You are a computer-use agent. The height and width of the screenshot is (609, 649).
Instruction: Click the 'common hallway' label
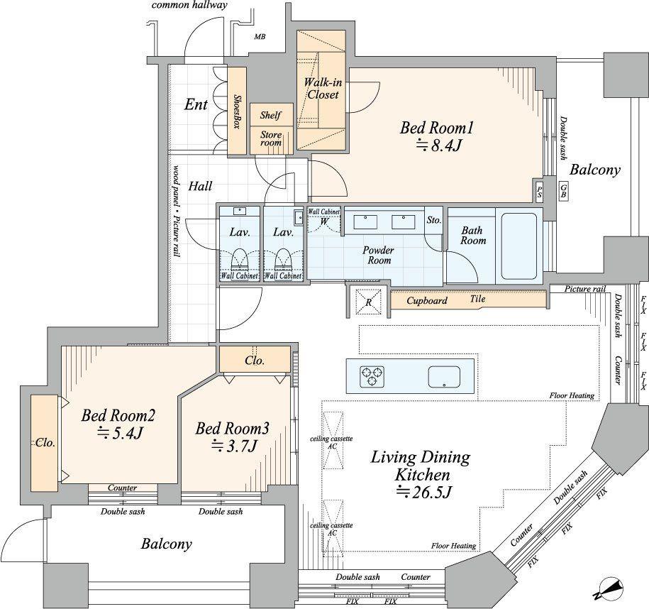point(189,6)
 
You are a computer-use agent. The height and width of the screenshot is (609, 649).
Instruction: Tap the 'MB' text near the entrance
point(259,37)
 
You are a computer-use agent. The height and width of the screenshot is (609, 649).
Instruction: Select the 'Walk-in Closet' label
point(321,88)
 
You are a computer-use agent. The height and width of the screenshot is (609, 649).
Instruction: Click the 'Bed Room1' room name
point(436,128)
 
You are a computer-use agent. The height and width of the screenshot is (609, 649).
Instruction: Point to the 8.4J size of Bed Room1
point(439,146)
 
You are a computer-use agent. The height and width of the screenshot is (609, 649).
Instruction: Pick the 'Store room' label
point(270,138)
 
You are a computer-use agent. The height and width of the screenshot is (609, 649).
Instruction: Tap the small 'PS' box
point(540,190)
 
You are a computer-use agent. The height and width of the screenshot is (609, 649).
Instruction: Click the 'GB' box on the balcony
point(563,190)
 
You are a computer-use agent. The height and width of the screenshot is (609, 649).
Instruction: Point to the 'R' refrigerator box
point(367,301)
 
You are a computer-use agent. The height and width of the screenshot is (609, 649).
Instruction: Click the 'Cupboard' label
point(426,301)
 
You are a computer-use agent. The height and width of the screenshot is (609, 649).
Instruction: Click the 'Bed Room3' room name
point(232,429)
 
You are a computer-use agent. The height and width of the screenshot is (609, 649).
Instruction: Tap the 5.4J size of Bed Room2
point(117,433)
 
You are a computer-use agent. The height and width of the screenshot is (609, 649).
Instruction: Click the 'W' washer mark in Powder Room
point(323,221)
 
